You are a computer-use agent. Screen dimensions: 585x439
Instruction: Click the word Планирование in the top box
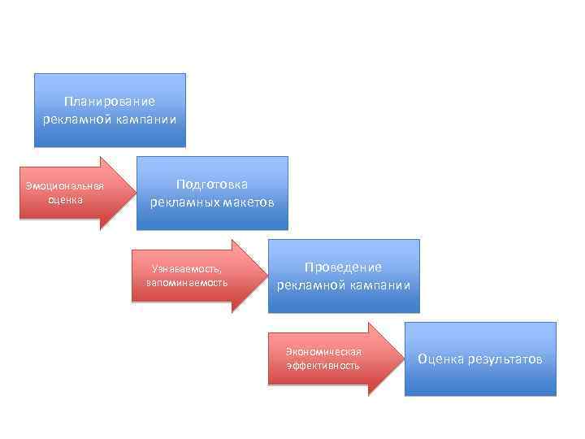[x=109, y=102]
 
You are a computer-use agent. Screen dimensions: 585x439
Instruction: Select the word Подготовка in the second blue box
[x=212, y=185]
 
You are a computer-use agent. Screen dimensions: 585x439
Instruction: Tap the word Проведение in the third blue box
[x=343, y=267]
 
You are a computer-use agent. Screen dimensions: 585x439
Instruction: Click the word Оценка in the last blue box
[x=440, y=359]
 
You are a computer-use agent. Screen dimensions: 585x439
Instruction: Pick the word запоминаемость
[x=187, y=283]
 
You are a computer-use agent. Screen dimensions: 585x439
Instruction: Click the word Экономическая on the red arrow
[x=323, y=352]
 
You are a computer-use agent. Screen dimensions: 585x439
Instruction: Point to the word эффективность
[x=323, y=366]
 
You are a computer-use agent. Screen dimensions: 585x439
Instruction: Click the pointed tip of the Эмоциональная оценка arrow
[x=132, y=193]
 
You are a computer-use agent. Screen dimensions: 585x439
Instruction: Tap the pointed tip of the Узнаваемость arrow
[x=265, y=276]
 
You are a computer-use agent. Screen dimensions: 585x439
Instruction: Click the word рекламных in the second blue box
[x=181, y=202]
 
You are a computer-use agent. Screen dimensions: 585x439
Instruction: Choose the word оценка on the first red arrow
[x=65, y=200]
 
